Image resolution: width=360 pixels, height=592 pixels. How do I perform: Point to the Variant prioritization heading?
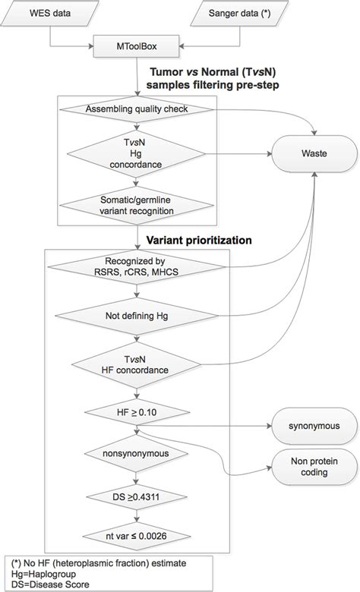pyautogui.click(x=200, y=239)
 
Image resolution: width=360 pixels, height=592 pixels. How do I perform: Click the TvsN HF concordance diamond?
pyautogui.click(x=141, y=364)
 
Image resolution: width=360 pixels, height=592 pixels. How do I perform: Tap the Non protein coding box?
pyautogui.click(x=311, y=466)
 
